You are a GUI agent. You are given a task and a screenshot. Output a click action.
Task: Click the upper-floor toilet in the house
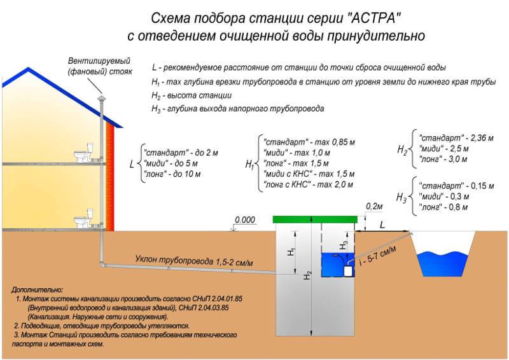coord(81,155)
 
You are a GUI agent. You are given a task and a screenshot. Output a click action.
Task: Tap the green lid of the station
coord(314,219)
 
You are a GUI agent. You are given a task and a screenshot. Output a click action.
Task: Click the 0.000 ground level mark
coord(244,220)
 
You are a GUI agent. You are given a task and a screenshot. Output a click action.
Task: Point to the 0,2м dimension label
coord(374,207)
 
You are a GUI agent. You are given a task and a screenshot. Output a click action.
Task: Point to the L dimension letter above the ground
coord(382,225)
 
